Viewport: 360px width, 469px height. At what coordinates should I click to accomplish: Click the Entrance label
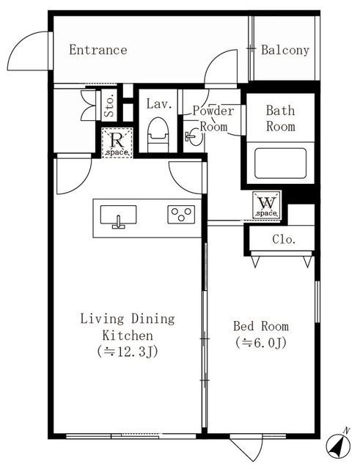(98, 50)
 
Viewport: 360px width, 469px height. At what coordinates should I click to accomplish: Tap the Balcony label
(285, 50)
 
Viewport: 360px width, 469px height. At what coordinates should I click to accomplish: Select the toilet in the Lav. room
(158, 134)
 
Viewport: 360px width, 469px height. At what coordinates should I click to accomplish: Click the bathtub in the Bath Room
(280, 163)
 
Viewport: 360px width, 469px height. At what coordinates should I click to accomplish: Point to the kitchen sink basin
(118, 215)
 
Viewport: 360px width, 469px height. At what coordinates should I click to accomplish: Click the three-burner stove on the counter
(181, 215)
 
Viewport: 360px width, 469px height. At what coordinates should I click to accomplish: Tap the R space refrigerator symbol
(117, 142)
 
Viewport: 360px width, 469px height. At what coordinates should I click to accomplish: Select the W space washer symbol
(267, 204)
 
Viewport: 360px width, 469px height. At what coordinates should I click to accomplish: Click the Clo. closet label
(284, 240)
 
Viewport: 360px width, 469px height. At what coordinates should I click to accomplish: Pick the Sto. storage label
(110, 106)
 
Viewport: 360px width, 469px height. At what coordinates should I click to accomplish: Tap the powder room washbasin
(194, 137)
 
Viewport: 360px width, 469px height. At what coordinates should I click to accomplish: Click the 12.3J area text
(128, 352)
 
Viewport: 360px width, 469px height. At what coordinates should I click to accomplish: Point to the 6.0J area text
(260, 342)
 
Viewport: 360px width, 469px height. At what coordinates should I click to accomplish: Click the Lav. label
(159, 104)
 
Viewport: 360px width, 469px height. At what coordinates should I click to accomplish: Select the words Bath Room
(281, 119)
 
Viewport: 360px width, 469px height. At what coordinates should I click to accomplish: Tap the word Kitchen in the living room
(128, 336)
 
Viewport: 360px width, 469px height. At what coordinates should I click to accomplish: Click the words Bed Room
(261, 326)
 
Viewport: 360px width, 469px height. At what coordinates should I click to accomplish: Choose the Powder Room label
(213, 119)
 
